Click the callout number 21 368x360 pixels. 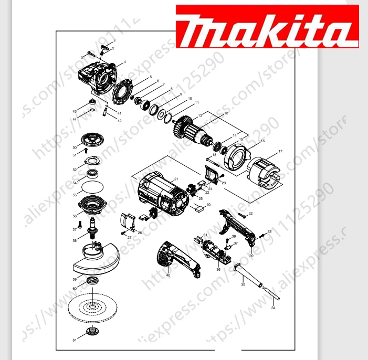176,179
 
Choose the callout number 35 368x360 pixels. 243,285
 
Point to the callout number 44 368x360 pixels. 75,120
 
